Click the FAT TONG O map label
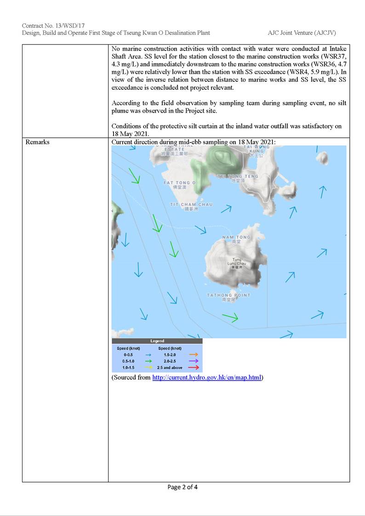[179, 183]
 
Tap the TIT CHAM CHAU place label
[191, 204]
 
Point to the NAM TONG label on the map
[236, 238]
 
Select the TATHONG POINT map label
[228, 295]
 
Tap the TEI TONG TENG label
[238, 176]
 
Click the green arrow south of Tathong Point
[230, 317]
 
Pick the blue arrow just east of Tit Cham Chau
[226, 209]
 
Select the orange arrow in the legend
[194, 355]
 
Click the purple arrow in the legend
[194, 361]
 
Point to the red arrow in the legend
[194, 368]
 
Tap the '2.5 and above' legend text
[170, 368]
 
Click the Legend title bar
[157, 341]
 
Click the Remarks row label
[38, 142]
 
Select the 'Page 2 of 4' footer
[182, 487]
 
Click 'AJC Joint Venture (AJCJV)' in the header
[302, 33]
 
